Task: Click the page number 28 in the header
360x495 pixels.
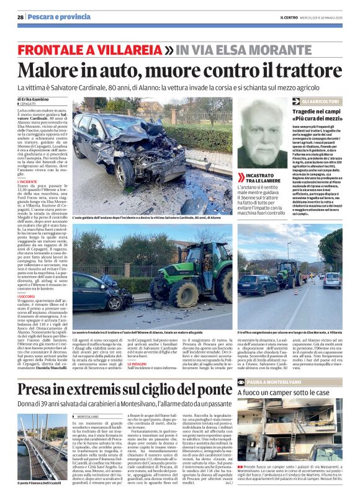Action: (x=20, y=17)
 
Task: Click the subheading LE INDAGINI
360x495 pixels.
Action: (x=138, y=363)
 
